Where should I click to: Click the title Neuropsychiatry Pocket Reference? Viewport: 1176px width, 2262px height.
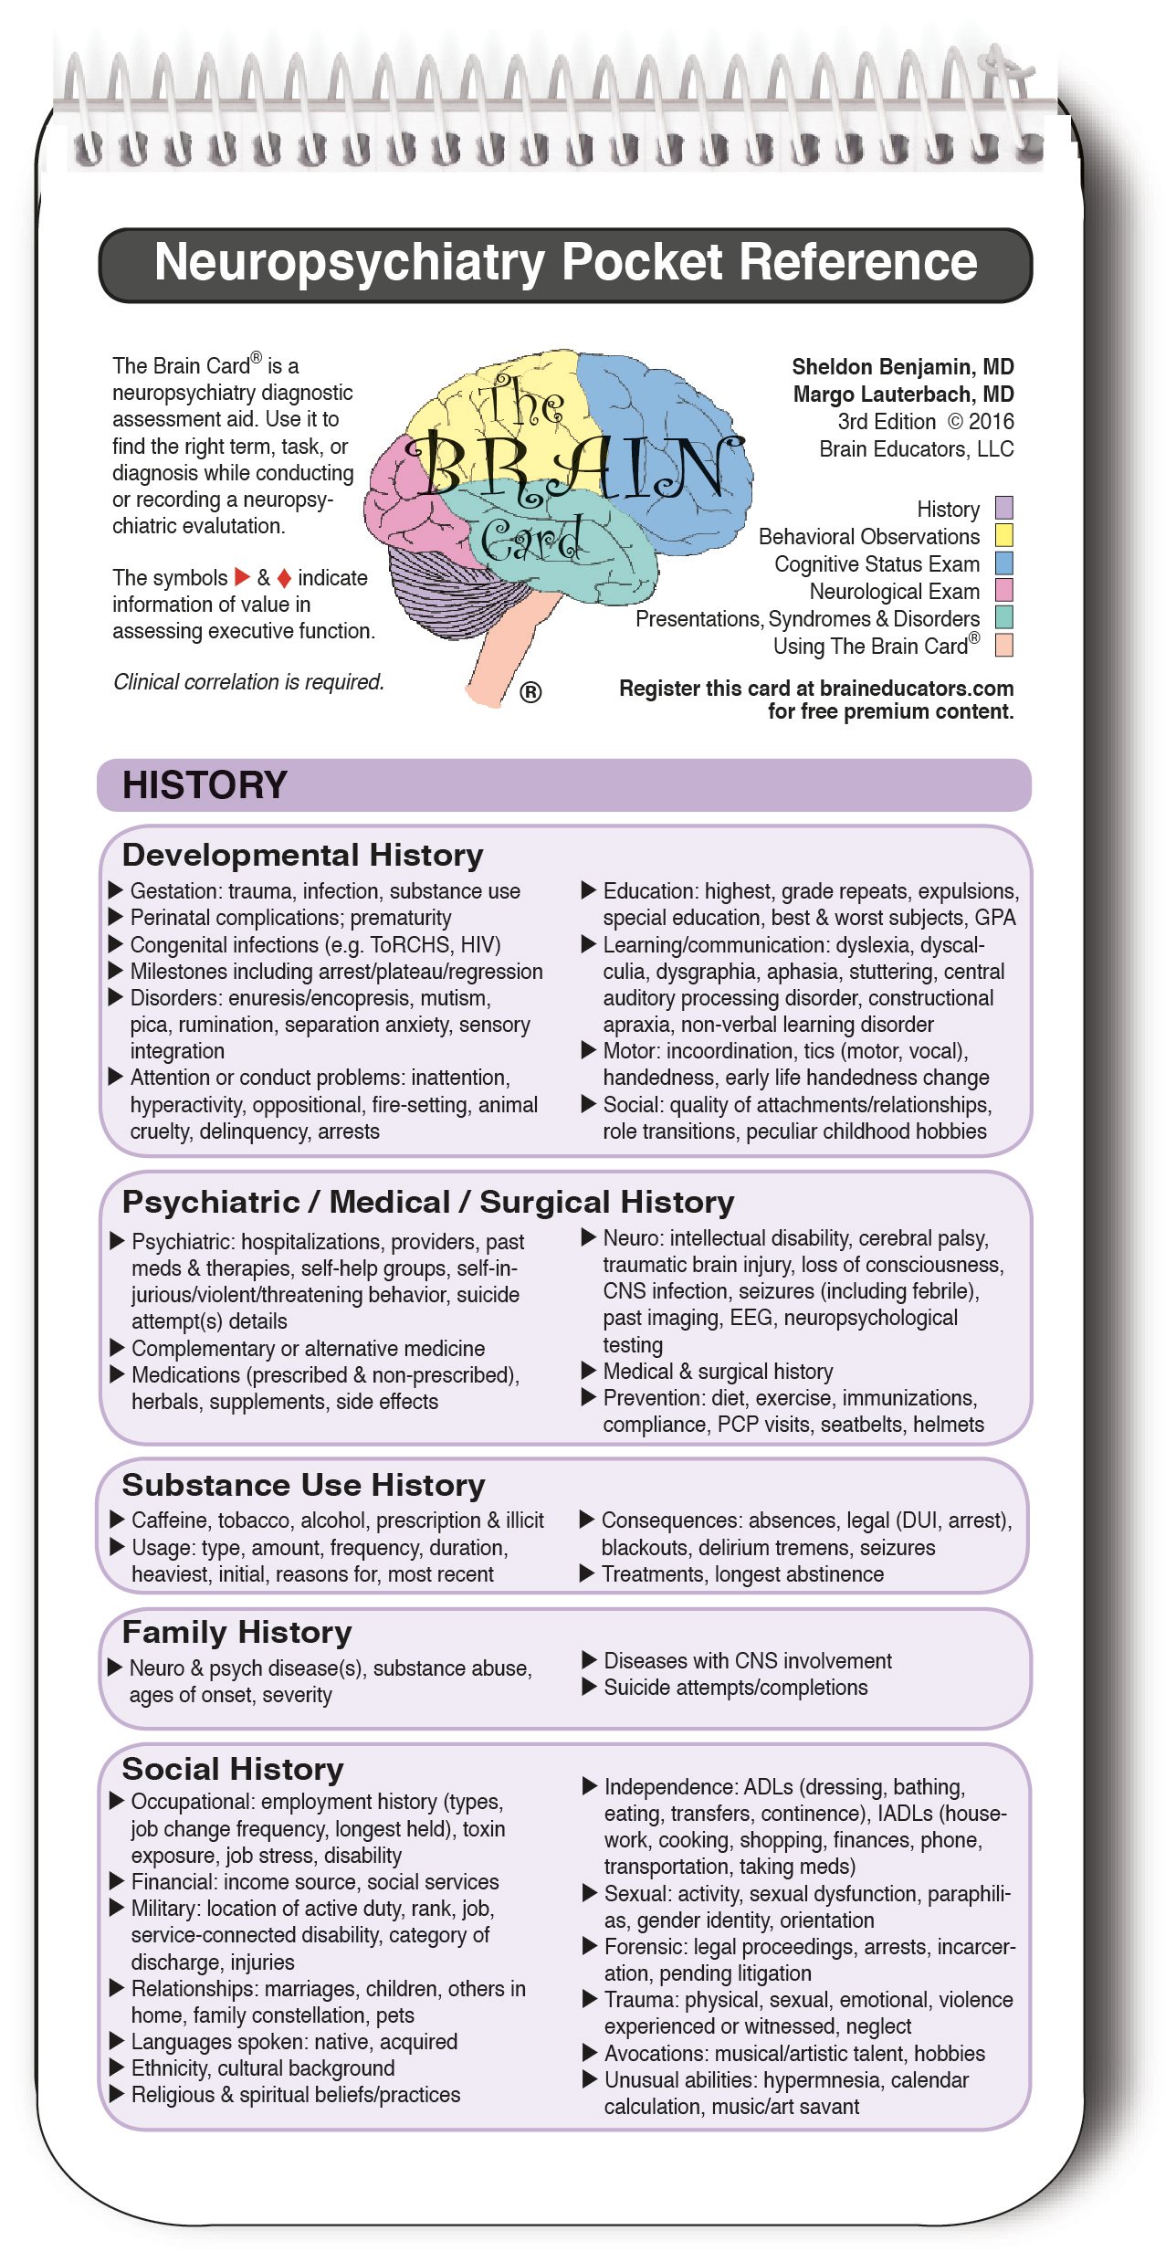(565, 263)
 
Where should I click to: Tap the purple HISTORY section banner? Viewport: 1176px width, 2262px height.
(564, 784)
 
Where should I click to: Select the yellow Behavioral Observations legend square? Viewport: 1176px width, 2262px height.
(1003, 535)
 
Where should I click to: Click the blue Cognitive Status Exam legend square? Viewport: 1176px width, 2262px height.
(1003, 563)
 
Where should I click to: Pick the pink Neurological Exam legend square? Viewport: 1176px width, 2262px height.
(1003, 590)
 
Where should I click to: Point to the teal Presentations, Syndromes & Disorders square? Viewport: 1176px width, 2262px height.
(1003, 617)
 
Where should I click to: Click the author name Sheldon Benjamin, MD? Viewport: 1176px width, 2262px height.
(902, 367)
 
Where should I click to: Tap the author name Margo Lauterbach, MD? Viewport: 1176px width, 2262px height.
(903, 395)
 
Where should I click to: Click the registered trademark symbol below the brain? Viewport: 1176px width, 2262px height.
(530, 692)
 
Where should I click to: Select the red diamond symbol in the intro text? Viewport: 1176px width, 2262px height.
(284, 578)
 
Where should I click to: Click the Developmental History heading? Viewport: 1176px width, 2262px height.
(302, 855)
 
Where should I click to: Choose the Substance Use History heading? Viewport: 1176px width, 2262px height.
(303, 1485)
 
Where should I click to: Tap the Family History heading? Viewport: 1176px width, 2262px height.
(236, 1632)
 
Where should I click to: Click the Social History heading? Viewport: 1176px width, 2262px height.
(233, 1769)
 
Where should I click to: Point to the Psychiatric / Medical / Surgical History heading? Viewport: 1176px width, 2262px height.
(427, 1202)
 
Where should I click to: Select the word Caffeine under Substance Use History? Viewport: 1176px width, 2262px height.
(170, 1520)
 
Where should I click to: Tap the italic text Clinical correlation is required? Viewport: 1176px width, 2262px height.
(248, 682)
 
